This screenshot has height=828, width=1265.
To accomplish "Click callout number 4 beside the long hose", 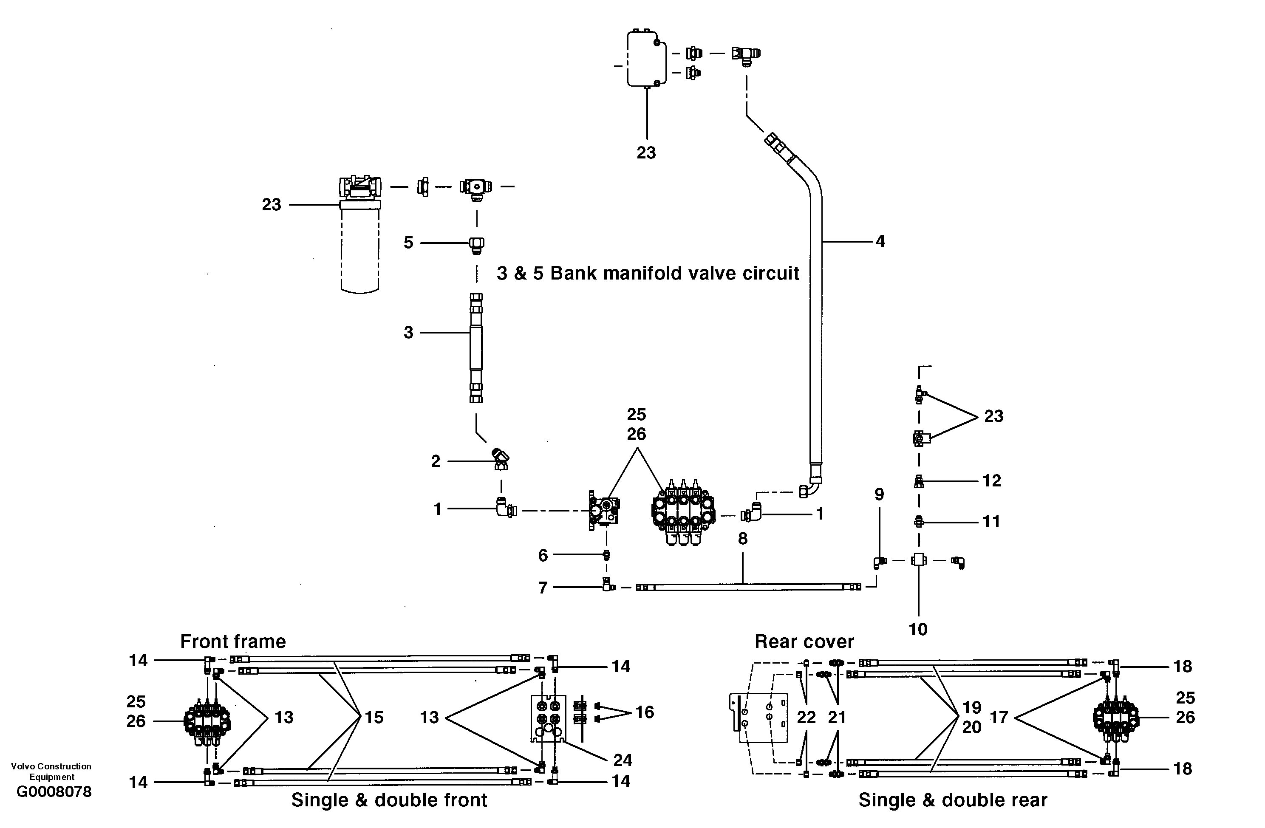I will point(880,241).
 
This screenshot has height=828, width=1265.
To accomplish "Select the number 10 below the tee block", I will point(918,629).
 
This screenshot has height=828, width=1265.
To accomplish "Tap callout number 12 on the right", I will point(991,480).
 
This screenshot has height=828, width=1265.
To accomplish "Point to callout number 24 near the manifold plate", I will point(623,760).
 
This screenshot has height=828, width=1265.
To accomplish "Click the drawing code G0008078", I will point(54,792).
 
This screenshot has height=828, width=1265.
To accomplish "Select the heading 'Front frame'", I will point(233,641).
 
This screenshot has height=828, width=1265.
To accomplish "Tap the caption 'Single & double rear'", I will point(953,800).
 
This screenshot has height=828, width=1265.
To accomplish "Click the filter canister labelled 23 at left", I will point(360,244).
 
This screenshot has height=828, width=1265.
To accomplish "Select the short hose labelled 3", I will point(476,348).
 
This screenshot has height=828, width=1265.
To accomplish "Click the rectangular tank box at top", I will point(646,59).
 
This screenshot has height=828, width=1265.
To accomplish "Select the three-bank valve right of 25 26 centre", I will point(684,513).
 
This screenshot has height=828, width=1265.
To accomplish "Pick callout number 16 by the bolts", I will point(644,712).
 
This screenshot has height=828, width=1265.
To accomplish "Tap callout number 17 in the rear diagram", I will point(999,718).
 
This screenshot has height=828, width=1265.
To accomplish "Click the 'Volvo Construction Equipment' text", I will point(51,771).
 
